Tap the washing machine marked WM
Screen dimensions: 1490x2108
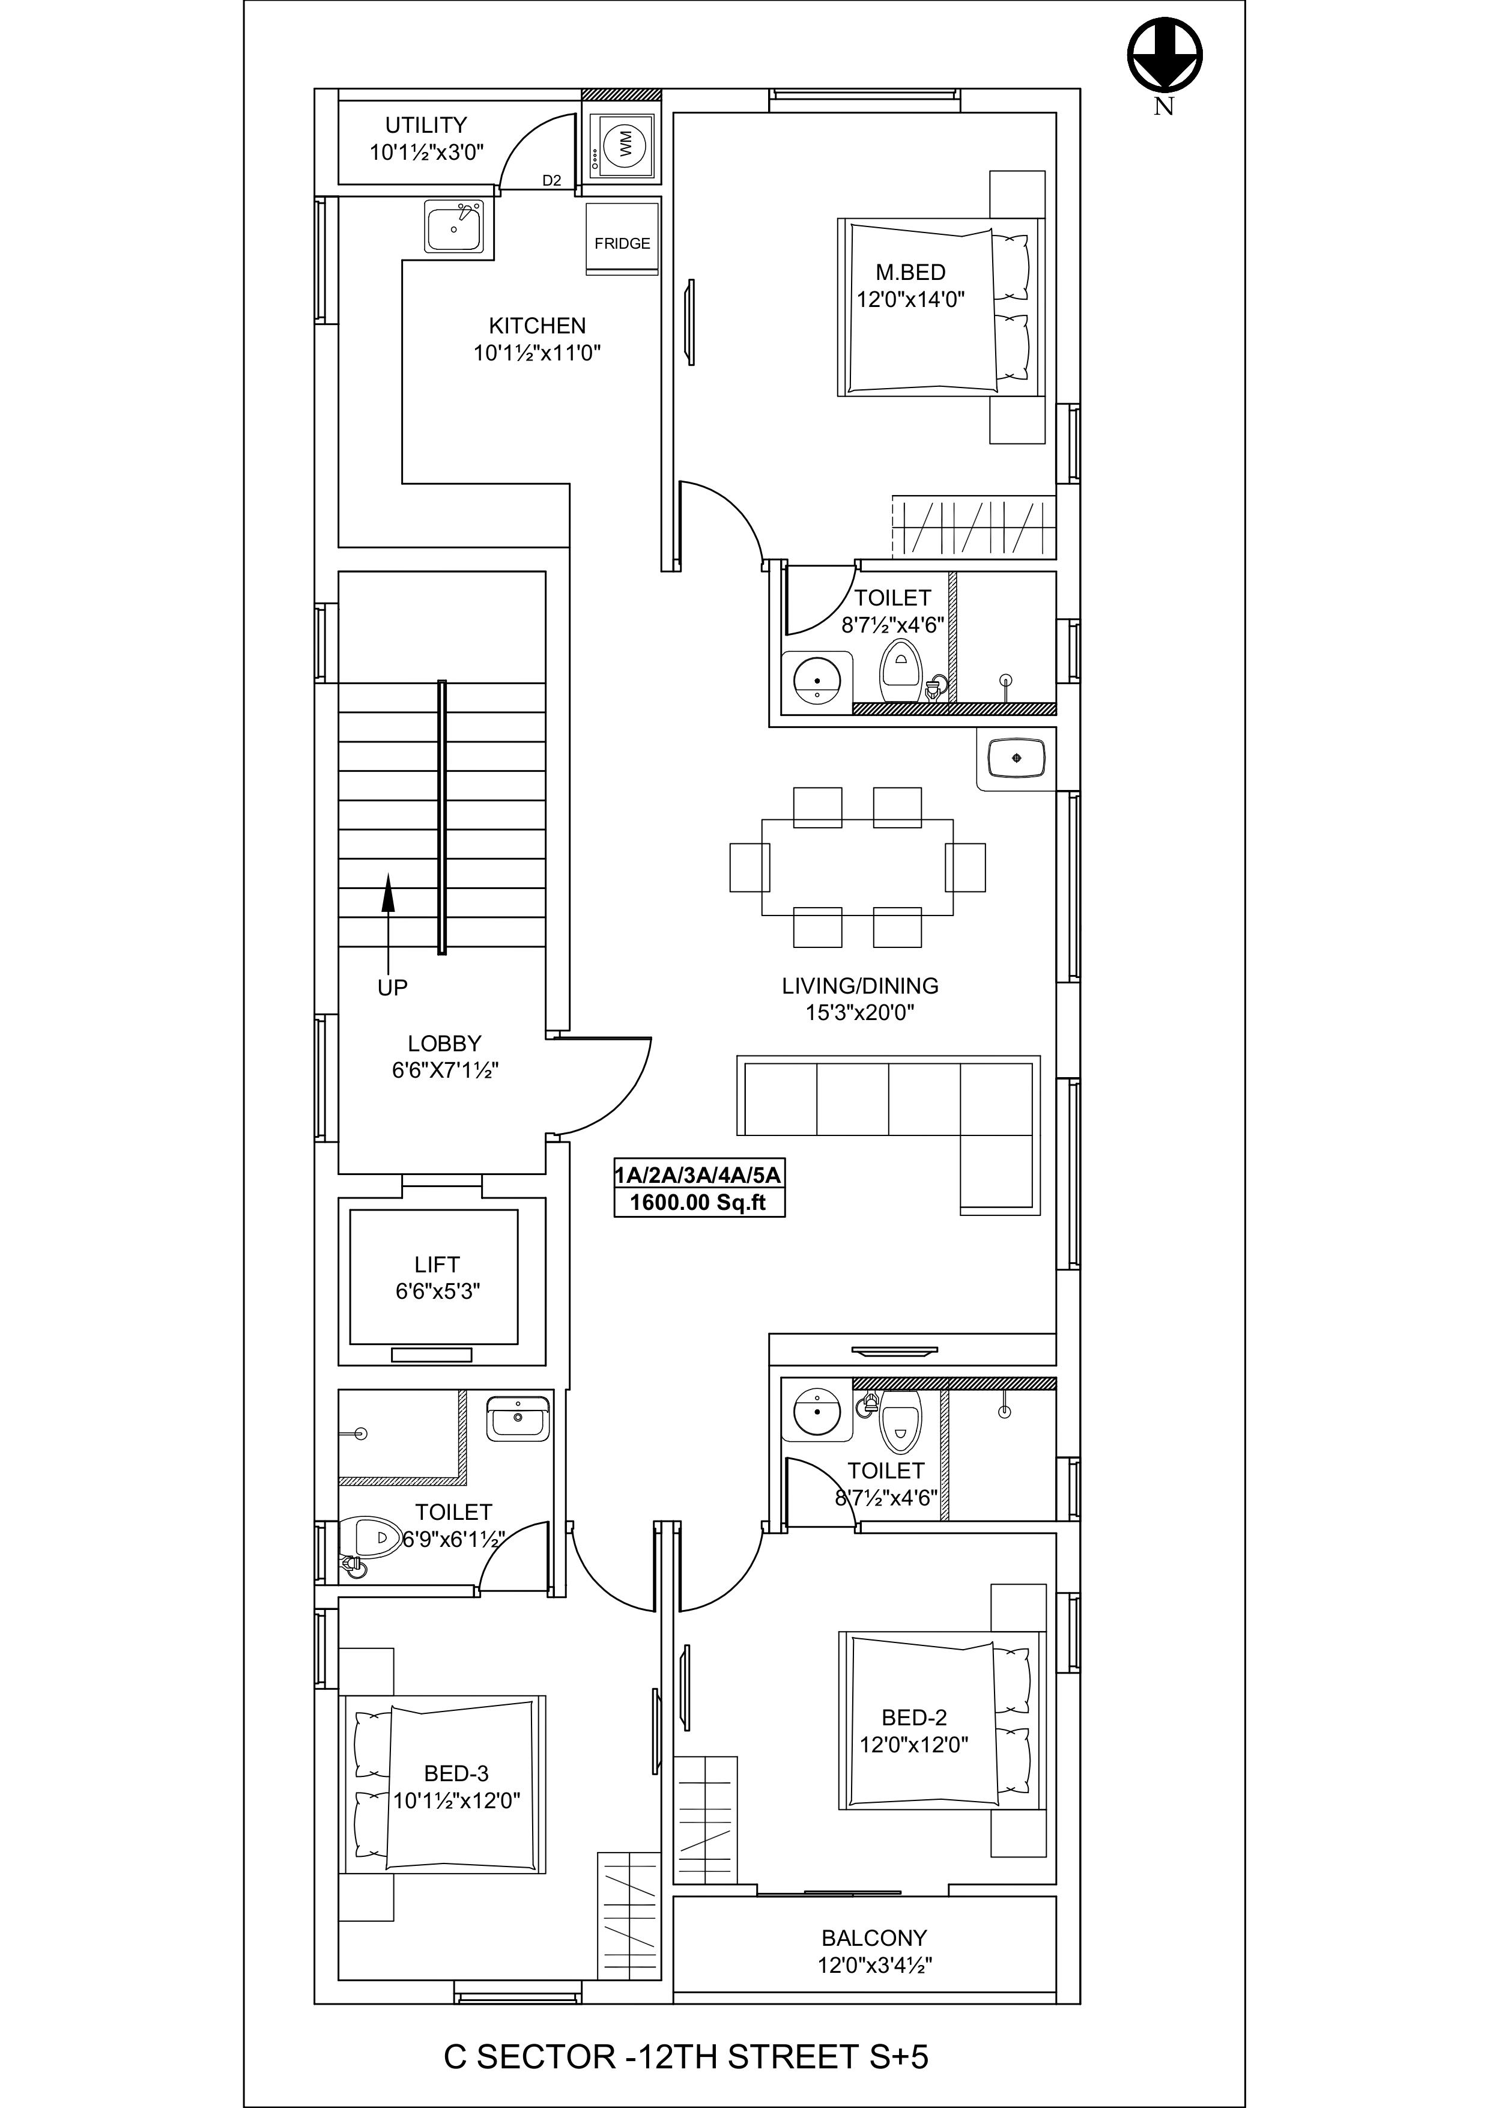(x=622, y=145)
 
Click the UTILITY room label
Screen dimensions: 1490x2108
(x=426, y=125)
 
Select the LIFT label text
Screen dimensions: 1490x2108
(x=437, y=1264)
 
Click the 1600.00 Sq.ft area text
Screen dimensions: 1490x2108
(x=698, y=1203)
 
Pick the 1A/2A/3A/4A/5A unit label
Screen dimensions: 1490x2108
(x=698, y=1175)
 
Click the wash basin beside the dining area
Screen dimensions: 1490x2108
(x=1016, y=758)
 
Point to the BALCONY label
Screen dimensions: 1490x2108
(x=874, y=1938)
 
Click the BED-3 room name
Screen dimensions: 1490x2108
(x=456, y=1774)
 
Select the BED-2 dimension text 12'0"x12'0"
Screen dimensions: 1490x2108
(x=915, y=1745)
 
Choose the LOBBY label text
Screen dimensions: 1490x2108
(x=444, y=1044)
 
